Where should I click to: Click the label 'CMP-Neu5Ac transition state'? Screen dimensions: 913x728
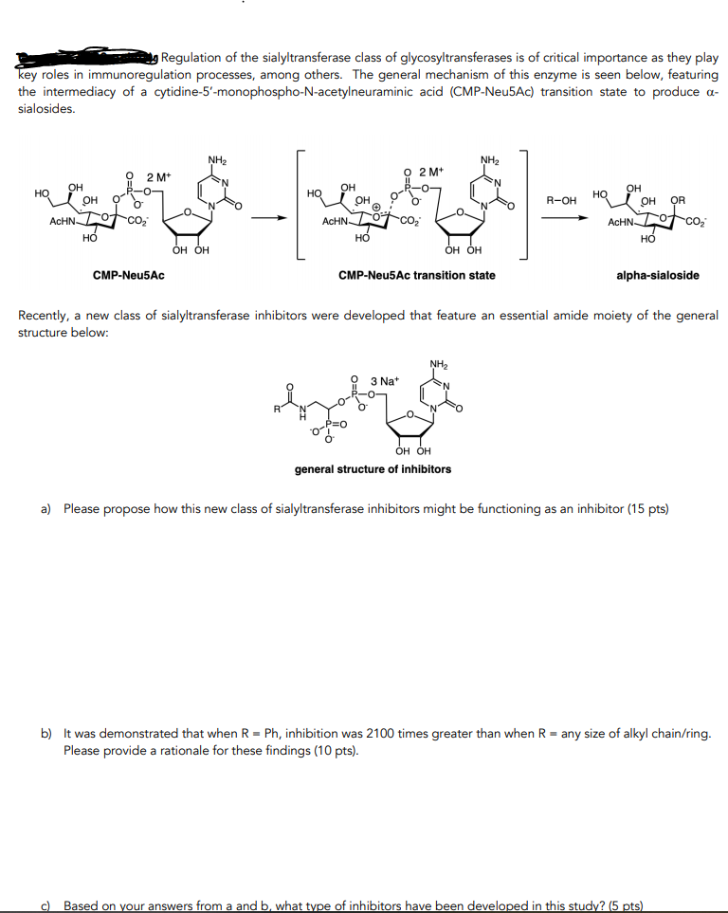[416, 276]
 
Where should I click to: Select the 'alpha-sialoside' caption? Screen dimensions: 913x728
[657, 276]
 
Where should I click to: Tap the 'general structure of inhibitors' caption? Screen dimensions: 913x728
[373, 469]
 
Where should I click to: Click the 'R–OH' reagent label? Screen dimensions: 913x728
[561, 201]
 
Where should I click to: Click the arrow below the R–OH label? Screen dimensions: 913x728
[561, 217]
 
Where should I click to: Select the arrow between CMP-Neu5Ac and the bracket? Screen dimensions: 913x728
[267, 217]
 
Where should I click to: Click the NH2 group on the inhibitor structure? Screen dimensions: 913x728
[438, 363]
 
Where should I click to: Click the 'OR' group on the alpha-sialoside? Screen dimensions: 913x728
[678, 200]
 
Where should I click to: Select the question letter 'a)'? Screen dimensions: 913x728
[45, 509]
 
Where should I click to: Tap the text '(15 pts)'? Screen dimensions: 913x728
[648, 509]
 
